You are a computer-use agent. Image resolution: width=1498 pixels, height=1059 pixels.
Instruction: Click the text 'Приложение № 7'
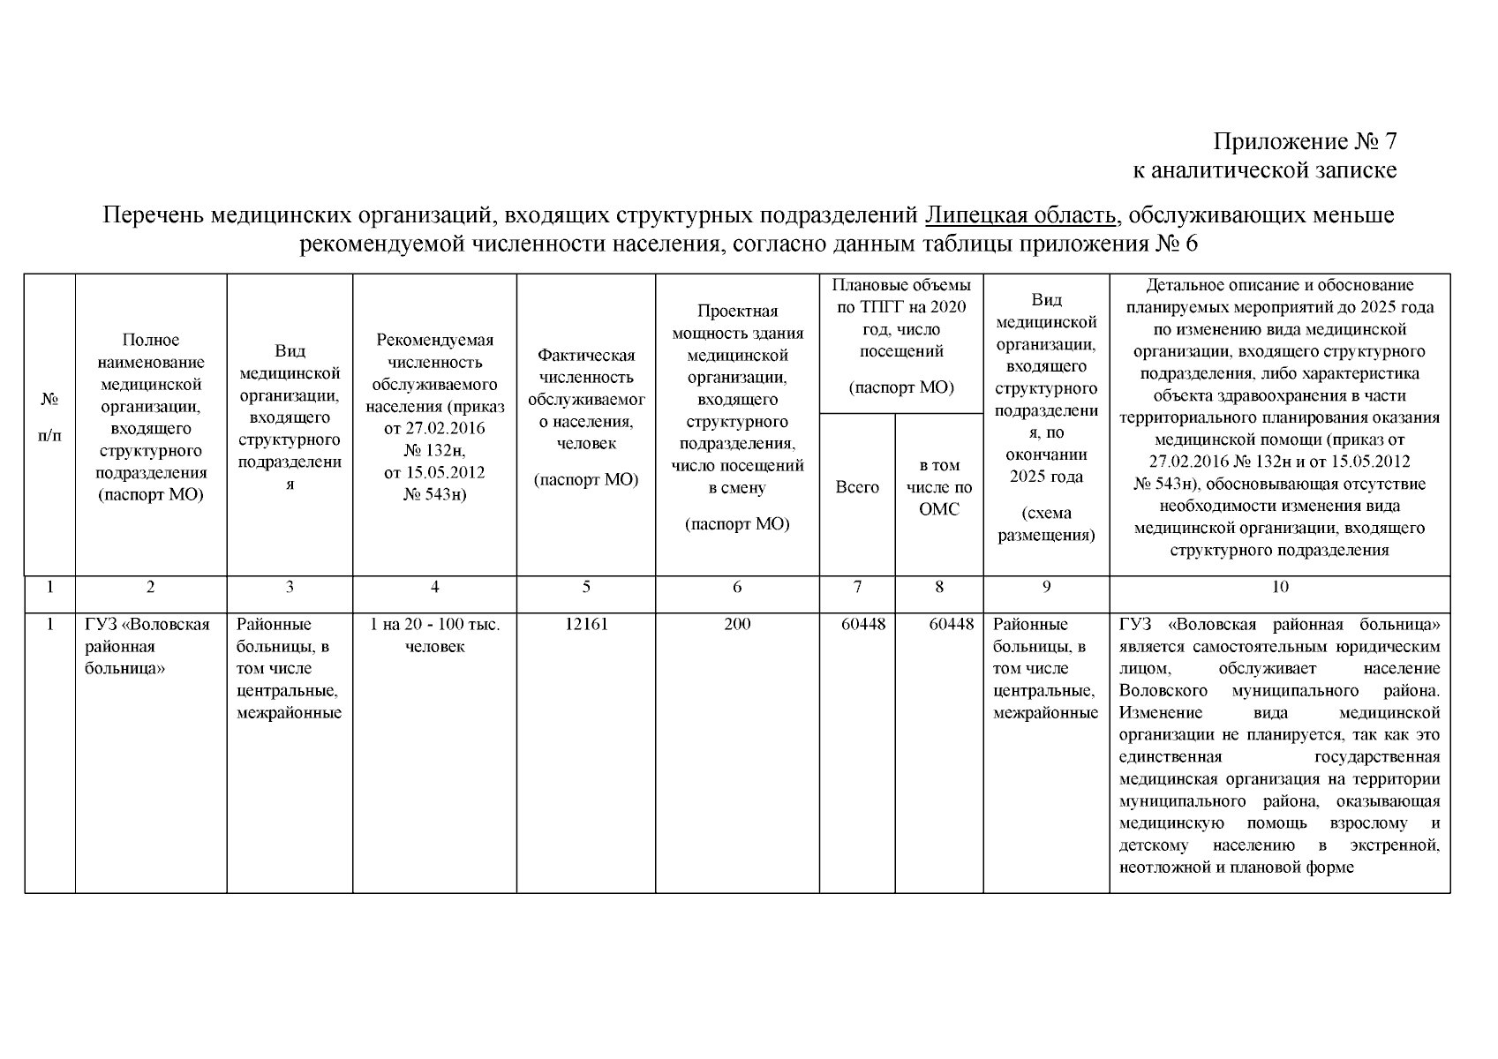pos(1305,141)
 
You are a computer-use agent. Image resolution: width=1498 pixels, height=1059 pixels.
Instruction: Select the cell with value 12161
pos(586,625)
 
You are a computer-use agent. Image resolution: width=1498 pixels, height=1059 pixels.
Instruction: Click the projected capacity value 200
pos(737,625)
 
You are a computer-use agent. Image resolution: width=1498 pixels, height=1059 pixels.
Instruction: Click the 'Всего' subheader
pos(857,487)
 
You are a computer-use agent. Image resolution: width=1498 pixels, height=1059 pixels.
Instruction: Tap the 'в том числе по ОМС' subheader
pos(938,487)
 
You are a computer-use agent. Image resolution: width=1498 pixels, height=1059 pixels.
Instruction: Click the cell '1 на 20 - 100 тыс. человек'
pos(434,635)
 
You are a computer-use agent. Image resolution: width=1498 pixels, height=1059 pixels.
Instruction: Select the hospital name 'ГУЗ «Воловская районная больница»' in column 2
pos(147,646)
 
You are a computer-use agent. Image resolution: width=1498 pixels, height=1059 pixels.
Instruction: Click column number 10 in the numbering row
pos(1279,587)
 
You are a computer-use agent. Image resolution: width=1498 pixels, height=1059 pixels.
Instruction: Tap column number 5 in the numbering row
pos(586,587)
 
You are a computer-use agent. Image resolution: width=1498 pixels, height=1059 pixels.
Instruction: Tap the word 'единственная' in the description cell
pos(1170,757)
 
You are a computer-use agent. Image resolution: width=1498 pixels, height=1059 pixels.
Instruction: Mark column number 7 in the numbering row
pos(857,587)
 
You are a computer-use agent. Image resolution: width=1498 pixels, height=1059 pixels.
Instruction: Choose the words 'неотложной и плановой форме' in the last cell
pos(1236,867)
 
